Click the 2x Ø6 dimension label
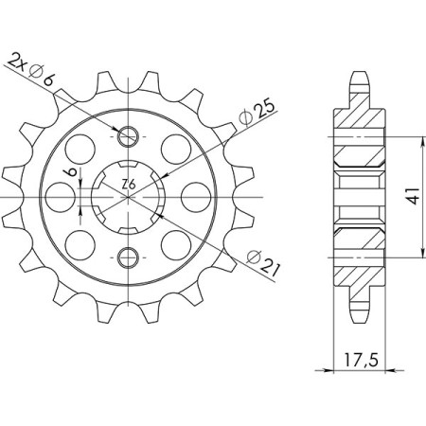[x=30, y=70]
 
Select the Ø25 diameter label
[x=257, y=114]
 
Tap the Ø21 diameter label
[x=263, y=264]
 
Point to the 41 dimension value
[x=414, y=196]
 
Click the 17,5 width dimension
[x=360, y=361]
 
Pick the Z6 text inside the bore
[x=129, y=184]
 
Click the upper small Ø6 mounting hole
[x=128, y=136]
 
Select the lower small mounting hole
[x=128, y=257]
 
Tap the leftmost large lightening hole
[x=61, y=197]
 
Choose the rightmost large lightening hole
[x=196, y=197]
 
